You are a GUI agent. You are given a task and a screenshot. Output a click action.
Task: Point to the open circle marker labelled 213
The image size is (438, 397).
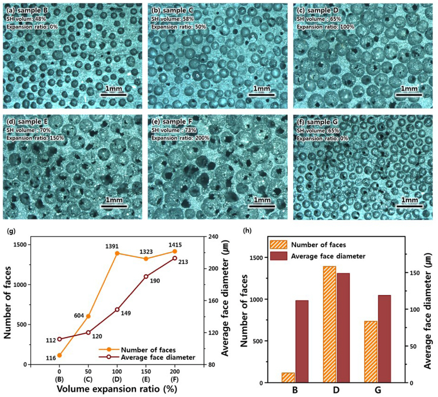click(x=175, y=258)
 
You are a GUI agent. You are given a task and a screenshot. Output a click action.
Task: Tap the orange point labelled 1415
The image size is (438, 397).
click(x=175, y=251)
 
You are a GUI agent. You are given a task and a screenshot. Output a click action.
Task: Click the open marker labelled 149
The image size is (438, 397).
click(x=117, y=309)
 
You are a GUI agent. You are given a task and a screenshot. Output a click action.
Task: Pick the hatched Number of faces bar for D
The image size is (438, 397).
click(x=329, y=324)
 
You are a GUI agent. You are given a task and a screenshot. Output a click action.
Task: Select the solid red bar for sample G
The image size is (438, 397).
click(x=384, y=339)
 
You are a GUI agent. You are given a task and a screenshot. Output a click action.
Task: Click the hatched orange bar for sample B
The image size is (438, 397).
click(x=288, y=377)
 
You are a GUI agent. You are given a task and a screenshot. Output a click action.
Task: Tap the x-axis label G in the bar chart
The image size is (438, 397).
click(x=377, y=390)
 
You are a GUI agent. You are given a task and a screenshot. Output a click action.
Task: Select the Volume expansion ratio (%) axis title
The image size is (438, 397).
click(x=117, y=389)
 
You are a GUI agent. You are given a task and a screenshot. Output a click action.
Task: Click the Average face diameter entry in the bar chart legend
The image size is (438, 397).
click(x=328, y=256)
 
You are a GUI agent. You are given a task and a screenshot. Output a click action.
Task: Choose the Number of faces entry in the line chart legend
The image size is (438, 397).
click(x=148, y=350)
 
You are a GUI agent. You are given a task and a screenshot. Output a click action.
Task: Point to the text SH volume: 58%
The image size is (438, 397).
click(x=172, y=19)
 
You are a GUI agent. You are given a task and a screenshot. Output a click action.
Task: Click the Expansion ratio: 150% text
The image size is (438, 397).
click(x=35, y=138)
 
